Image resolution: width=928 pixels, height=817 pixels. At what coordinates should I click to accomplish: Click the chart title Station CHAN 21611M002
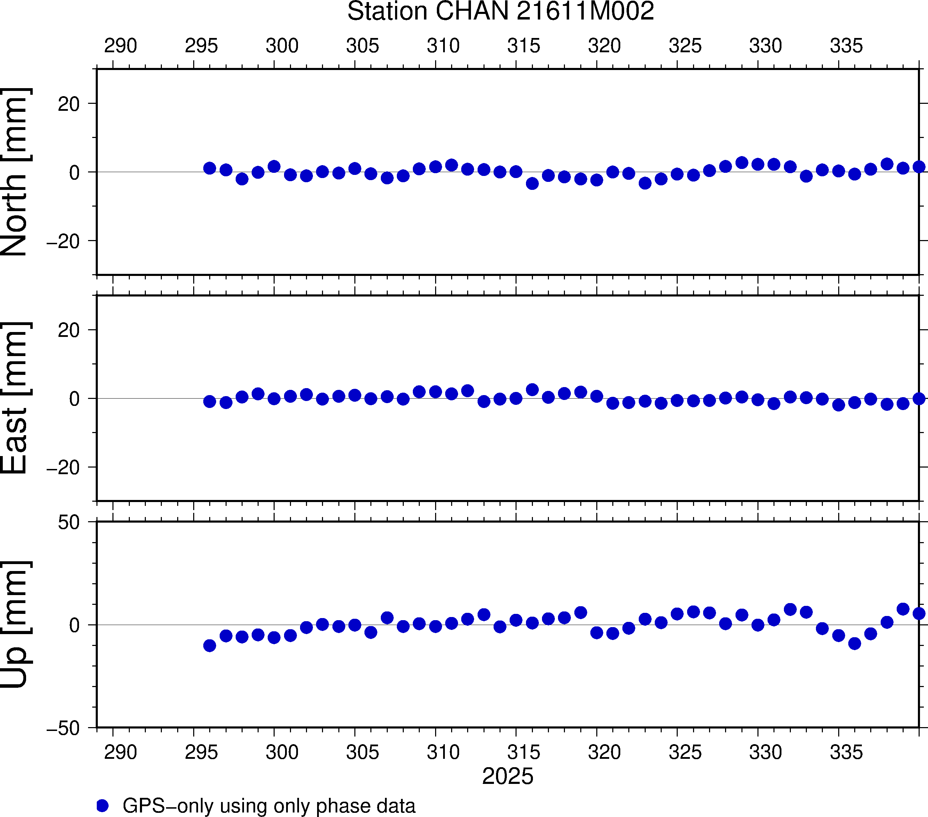click(x=500, y=11)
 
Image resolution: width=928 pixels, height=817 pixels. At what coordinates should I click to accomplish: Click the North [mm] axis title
click(x=15, y=172)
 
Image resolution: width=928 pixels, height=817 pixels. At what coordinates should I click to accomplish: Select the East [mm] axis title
click(x=15, y=398)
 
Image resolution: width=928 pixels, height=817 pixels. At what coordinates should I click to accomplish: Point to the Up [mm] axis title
click(x=15, y=624)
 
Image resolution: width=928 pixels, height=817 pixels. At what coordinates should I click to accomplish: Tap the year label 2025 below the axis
click(x=508, y=776)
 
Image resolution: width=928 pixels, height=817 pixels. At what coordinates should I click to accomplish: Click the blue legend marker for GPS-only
click(x=103, y=806)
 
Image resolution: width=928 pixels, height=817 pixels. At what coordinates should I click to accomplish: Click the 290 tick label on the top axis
click(x=120, y=46)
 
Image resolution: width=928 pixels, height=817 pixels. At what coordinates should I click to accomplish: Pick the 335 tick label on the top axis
click(x=846, y=46)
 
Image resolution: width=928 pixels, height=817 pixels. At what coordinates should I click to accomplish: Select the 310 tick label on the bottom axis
click(x=443, y=752)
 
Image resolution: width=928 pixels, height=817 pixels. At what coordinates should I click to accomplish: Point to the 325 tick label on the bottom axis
click(x=685, y=752)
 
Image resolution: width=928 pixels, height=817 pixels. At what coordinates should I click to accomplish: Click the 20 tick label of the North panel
click(x=69, y=105)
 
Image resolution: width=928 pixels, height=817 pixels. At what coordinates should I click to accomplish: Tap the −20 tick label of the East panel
click(x=63, y=468)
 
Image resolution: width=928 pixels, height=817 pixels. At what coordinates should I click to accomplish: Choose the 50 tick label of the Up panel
click(x=69, y=523)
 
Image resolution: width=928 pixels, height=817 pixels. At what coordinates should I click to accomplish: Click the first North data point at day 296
click(x=209, y=168)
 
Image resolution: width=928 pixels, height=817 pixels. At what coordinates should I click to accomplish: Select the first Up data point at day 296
click(x=209, y=645)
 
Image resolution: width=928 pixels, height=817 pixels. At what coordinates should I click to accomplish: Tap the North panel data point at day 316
click(x=532, y=184)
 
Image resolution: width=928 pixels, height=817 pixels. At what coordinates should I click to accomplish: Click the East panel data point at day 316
click(x=532, y=390)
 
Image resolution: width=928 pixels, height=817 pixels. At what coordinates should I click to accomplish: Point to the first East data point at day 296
click(x=209, y=401)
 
